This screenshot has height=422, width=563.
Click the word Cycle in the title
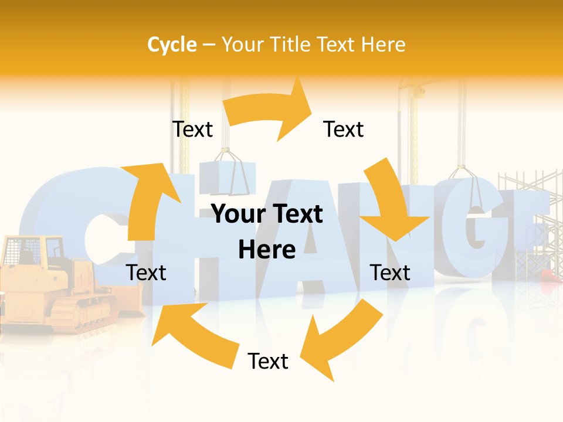pyautogui.click(x=172, y=45)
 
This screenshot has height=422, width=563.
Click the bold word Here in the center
pyautogui.click(x=267, y=250)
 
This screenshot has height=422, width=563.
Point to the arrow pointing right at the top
pyautogui.click(x=270, y=110)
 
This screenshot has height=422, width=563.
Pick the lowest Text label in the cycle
pyautogui.click(x=268, y=361)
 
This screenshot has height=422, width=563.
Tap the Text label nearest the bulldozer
pyautogui.click(x=147, y=273)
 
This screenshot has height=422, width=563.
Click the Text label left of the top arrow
pyautogui.click(x=192, y=129)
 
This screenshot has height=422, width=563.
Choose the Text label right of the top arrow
pyautogui.click(x=344, y=129)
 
